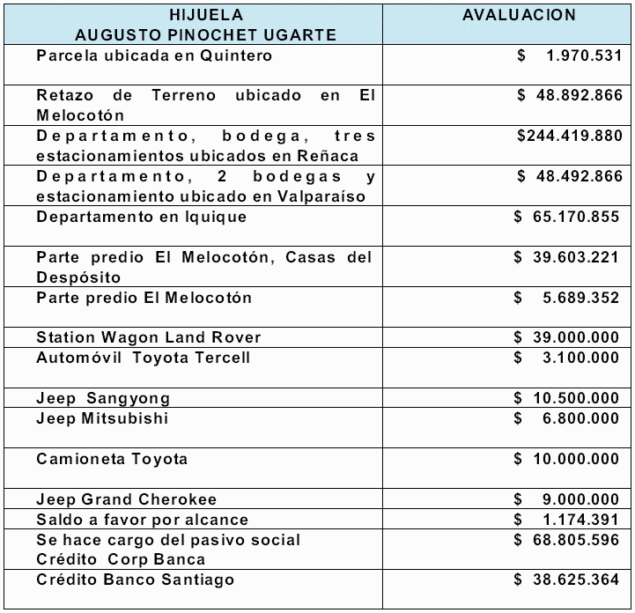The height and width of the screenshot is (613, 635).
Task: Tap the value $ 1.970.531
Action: pos(569,55)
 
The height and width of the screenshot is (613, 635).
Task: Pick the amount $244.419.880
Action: pos(570,136)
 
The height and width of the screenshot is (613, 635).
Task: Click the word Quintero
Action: pos(234,55)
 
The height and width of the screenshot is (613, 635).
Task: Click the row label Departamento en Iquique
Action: pos(142,217)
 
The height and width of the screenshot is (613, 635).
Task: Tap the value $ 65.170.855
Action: pos(568,217)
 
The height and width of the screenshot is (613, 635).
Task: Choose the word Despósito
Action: pos(78,277)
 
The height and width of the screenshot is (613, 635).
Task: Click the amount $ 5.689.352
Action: pos(568,298)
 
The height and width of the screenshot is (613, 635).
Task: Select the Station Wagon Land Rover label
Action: pos(149,337)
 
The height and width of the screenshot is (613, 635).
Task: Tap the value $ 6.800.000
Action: pos(568,418)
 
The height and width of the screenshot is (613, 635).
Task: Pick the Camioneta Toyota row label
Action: pos(112,459)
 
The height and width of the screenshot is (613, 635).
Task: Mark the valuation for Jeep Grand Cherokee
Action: pos(568,499)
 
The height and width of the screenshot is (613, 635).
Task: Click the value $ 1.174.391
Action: pos(568,520)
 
